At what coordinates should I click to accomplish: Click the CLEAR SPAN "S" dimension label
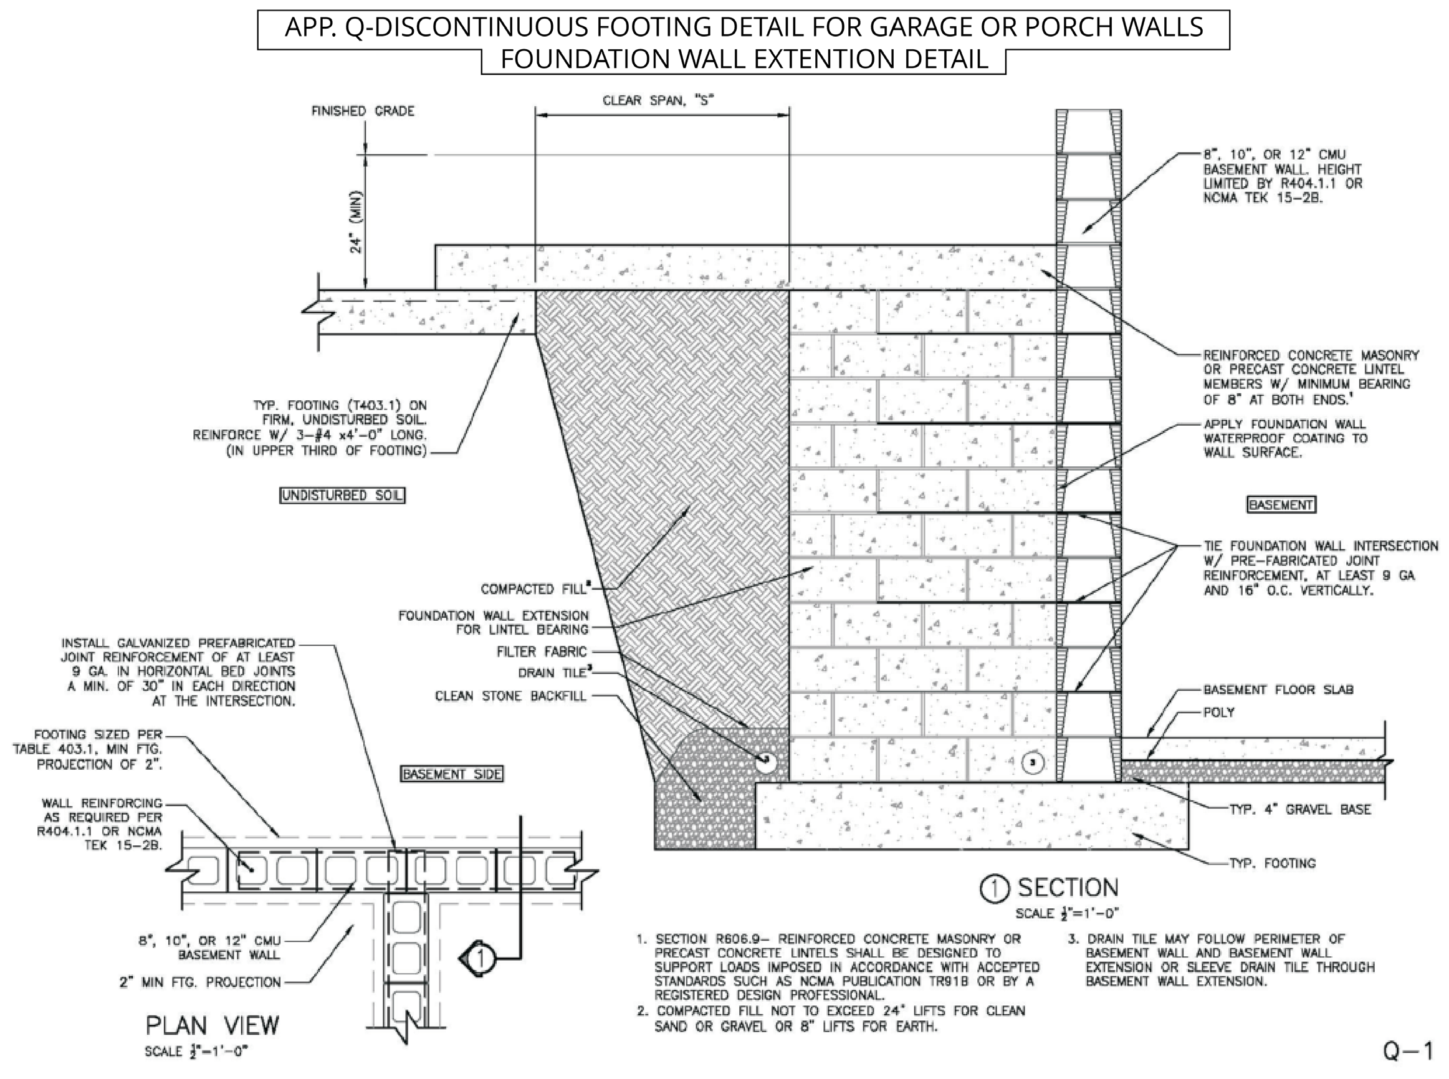pyautogui.click(x=658, y=100)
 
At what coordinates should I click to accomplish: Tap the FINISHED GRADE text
pyautogui.click(x=363, y=111)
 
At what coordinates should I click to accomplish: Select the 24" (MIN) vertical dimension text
pyautogui.click(x=356, y=221)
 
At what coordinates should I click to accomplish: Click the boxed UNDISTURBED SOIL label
pyautogui.click(x=342, y=496)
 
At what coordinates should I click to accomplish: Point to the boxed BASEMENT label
pyautogui.click(x=1281, y=505)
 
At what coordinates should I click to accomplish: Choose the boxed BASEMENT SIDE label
pyautogui.click(x=452, y=775)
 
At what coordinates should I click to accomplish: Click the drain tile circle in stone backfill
pyautogui.click(x=766, y=760)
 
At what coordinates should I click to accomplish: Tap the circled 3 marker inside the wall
pyautogui.click(x=1031, y=762)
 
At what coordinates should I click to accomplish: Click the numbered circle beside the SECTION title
pyautogui.click(x=995, y=889)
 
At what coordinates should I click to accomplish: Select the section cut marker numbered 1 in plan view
pyautogui.click(x=480, y=959)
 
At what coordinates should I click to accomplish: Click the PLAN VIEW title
pyautogui.click(x=213, y=1025)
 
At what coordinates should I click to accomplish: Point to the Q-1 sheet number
pyautogui.click(x=1408, y=1052)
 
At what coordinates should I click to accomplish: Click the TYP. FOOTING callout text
pyautogui.click(x=1272, y=863)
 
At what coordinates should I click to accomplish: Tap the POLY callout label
pyautogui.click(x=1218, y=712)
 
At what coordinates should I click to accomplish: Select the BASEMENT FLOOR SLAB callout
pyautogui.click(x=1278, y=689)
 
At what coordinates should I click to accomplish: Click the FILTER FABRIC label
pyautogui.click(x=542, y=652)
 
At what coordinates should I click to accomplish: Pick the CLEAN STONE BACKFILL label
pyautogui.click(x=510, y=696)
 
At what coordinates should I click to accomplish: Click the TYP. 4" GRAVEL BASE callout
pyautogui.click(x=1299, y=810)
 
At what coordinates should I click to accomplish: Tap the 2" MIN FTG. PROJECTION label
pyautogui.click(x=200, y=982)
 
